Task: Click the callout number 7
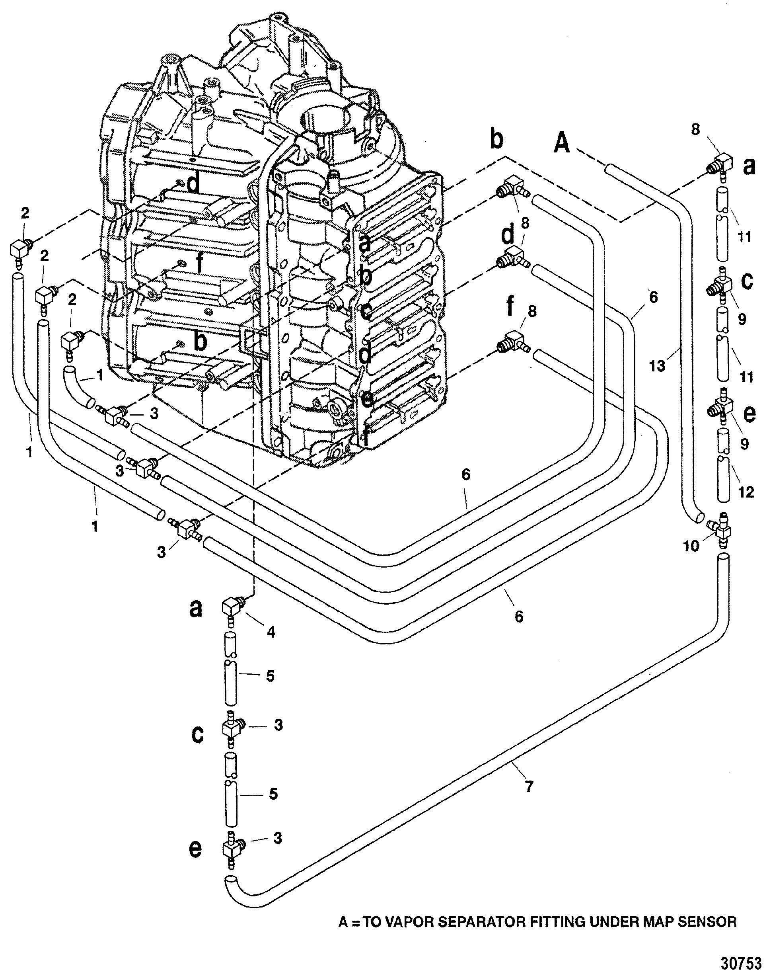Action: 529,786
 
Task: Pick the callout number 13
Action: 656,366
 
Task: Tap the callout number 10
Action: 691,546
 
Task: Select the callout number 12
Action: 746,492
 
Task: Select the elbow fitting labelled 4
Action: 233,609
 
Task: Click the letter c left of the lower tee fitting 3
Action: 197,735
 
